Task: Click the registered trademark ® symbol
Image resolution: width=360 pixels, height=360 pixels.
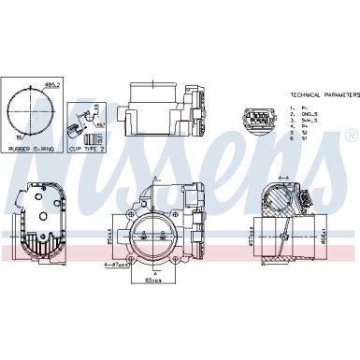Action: pyautogui.click(x=350, y=137)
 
